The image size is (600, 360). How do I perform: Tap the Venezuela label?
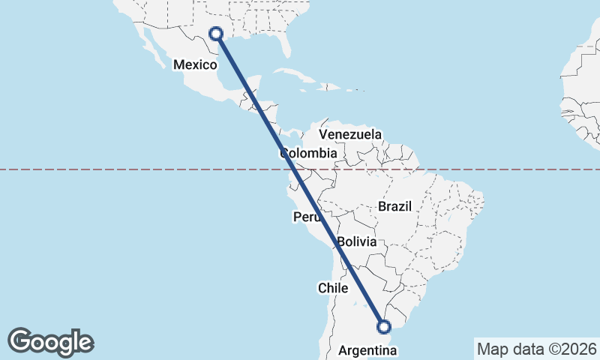tap(350, 134)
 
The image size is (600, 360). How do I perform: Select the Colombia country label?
tap(308, 153)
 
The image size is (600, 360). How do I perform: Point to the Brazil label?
tap(394, 206)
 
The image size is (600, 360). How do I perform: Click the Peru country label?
tap(307, 217)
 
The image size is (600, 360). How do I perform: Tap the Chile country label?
tap(333, 287)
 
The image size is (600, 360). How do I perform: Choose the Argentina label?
tap(367, 350)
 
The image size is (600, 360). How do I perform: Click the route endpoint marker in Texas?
tap(216, 33)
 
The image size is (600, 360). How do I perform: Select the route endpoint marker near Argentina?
tap(384, 326)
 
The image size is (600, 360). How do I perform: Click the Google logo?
tap(50, 342)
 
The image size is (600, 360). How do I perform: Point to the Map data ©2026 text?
tap(536, 349)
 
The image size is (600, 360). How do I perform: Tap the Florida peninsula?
tap(284, 43)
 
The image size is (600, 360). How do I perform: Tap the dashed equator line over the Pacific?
tap(112, 169)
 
